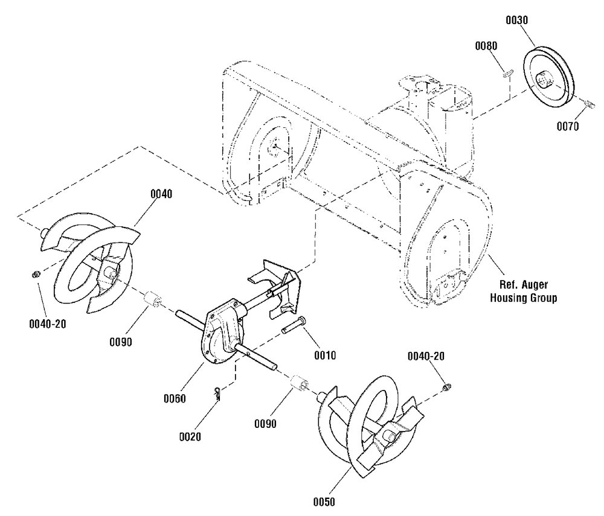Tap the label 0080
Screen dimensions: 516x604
(486, 45)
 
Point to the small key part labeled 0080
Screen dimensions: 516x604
(508, 74)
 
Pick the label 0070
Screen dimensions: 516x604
(568, 127)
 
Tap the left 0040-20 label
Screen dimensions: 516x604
(47, 324)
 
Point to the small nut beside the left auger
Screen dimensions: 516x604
(35, 275)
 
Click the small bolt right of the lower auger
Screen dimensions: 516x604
(448, 386)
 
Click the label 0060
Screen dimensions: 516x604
(175, 398)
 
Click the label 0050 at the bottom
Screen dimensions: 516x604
(323, 501)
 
